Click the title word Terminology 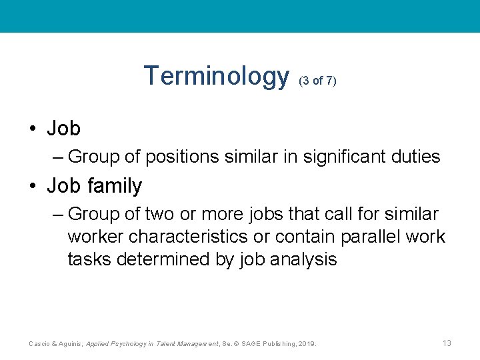(216, 77)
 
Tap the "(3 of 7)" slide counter (318, 81)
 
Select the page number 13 (447, 343)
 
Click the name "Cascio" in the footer (39, 344)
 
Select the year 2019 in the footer (307, 344)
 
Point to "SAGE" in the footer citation (251, 344)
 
